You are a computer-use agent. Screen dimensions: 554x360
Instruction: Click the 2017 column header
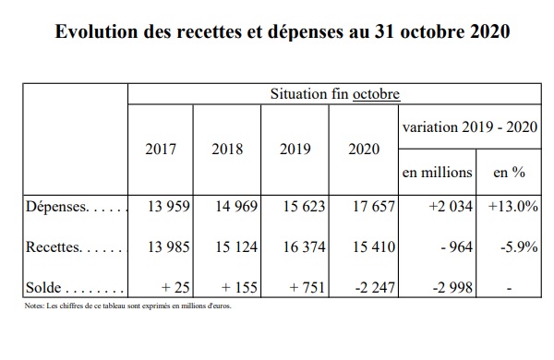pos(161,150)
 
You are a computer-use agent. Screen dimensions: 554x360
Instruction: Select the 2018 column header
pos(227,150)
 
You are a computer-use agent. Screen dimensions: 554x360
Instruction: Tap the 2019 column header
pos(295,150)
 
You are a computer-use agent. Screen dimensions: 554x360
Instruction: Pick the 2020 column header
pos(364,150)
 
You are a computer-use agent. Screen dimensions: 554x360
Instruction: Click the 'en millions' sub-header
pos(437,173)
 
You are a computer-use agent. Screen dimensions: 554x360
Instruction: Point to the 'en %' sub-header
pos(509,173)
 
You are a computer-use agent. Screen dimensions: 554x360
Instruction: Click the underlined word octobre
pos(377,94)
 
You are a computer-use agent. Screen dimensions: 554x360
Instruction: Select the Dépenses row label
pos(55,207)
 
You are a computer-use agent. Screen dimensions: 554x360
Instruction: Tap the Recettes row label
pos(54,247)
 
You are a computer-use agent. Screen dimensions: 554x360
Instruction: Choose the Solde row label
pos(43,288)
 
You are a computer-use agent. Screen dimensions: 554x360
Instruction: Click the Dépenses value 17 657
pos(374,207)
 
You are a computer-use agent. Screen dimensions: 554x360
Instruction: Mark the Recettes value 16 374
pos(304,247)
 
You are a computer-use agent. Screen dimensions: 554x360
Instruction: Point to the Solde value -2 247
pos(375,288)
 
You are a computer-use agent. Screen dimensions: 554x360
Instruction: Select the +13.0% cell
pos(513,207)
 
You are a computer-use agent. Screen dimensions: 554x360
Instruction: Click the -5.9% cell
pos(519,247)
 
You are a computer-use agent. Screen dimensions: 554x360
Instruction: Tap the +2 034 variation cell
pos(451,207)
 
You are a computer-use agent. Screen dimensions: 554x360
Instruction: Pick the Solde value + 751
pos(307,288)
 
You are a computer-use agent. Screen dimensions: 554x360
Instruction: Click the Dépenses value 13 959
pos(169,207)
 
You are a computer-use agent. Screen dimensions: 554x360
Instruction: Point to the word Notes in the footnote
pos(33,306)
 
